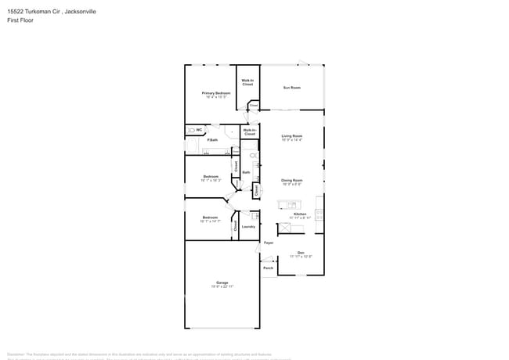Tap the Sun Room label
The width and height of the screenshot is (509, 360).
(x=291, y=88)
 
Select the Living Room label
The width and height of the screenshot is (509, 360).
(x=292, y=136)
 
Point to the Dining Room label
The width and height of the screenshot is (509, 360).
(x=292, y=181)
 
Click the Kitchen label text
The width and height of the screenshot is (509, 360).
(x=300, y=214)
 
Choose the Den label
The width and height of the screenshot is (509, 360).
(x=301, y=252)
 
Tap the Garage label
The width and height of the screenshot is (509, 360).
(x=222, y=283)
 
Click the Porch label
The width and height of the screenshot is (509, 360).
(x=268, y=268)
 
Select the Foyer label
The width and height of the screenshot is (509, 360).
(x=268, y=243)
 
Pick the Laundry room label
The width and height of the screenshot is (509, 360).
(x=248, y=227)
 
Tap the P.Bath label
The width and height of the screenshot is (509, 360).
(x=212, y=140)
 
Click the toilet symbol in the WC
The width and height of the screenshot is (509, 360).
(x=190, y=130)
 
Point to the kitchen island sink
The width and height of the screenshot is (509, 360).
(x=282, y=205)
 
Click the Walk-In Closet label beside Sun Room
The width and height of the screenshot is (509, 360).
(x=247, y=82)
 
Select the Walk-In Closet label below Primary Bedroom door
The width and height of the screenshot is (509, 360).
(x=250, y=132)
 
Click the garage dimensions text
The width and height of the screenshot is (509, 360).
(x=222, y=287)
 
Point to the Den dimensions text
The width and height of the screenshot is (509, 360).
(x=301, y=257)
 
